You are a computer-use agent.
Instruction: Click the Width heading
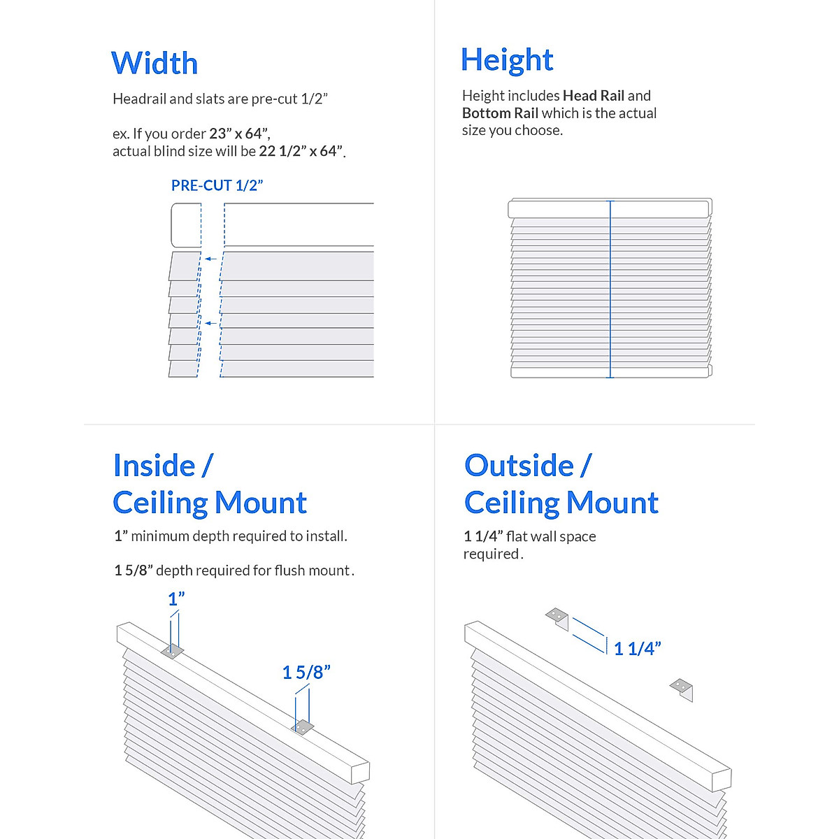[x=155, y=64]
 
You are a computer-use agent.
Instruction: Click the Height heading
[x=507, y=60]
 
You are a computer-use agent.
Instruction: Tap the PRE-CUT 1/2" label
[x=217, y=185]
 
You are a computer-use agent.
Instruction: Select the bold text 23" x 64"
[x=239, y=134]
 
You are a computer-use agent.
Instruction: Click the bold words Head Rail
[x=593, y=96]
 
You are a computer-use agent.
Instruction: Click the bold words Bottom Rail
[x=500, y=113]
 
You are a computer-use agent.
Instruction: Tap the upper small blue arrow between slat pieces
[x=210, y=259]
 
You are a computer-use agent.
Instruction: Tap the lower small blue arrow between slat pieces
[x=210, y=323]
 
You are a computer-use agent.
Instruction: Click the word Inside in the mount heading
[x=154, y=466]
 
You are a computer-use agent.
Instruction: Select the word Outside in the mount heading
[x=519, y=466]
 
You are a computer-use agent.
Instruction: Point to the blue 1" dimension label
[x=176, y=599]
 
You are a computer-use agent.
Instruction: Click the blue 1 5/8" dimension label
[x=306, y=673]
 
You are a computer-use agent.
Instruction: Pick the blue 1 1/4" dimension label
[x=637, y=649]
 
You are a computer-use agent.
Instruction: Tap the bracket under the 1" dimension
[x=172, y=652]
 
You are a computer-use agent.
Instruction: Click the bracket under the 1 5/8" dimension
[x=302, y=727]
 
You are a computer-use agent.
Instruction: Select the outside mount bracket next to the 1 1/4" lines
[x=558, y=617]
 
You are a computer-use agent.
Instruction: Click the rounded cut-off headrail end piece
[x=185, y=225]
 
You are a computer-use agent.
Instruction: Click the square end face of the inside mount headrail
[x=360, y=773]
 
